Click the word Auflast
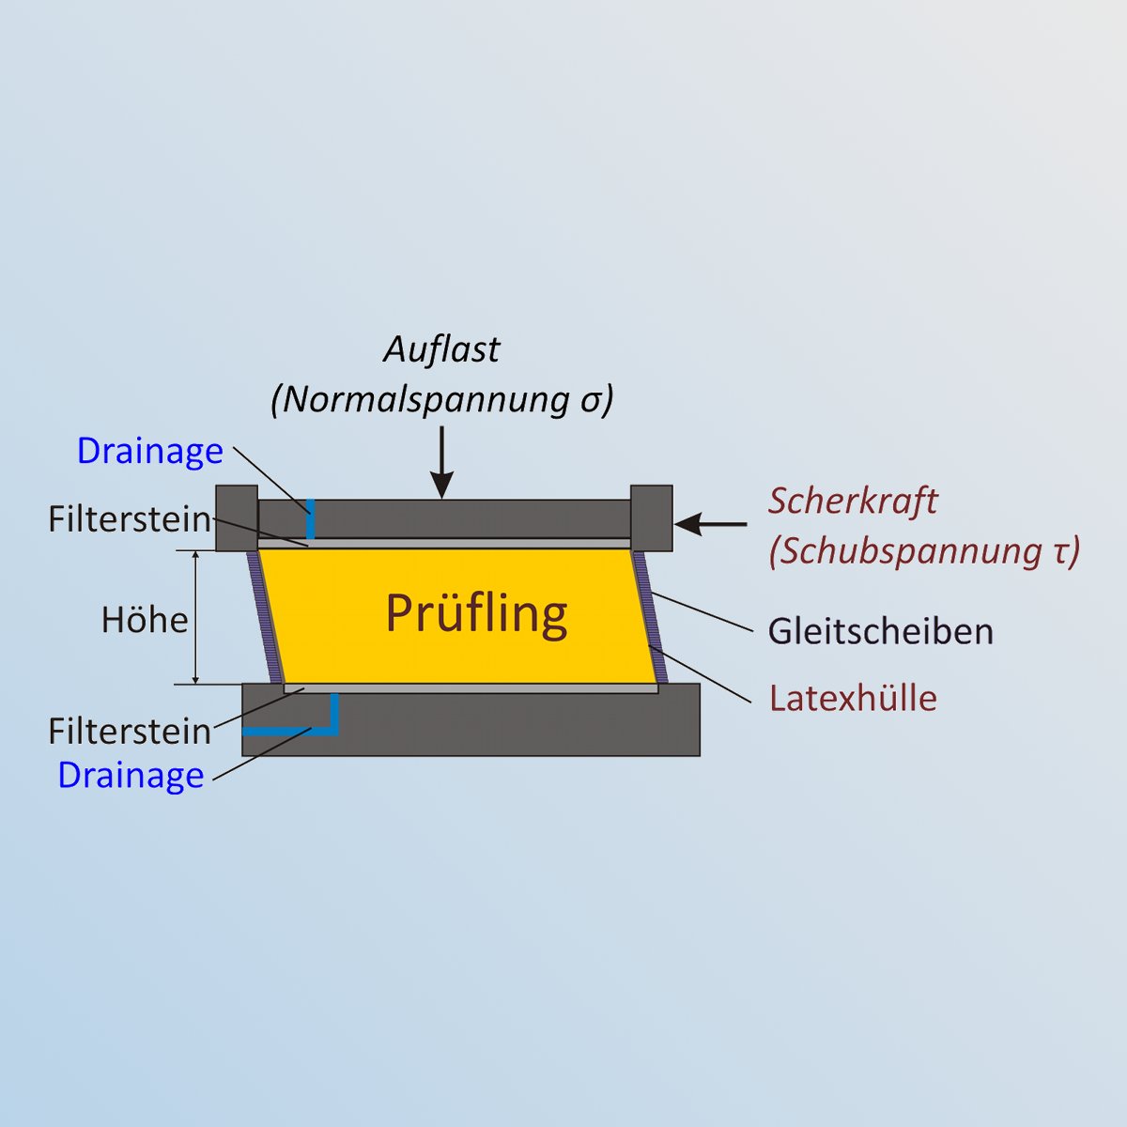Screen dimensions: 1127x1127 coord(441,349)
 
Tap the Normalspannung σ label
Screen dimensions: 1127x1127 coord(442,400)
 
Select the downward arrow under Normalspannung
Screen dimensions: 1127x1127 coord(442,462)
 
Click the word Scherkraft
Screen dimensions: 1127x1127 coord(853,502)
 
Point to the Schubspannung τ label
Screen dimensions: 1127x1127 coord(924,551)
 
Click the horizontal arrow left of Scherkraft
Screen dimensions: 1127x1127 coord(710,524)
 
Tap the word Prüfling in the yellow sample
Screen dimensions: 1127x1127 coord(477,614)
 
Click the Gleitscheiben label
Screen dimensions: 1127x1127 coord(881,632)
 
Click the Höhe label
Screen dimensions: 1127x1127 coord(145,620)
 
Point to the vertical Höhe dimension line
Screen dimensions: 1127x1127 coord(196,617)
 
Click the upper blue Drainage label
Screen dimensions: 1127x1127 coord(150,451)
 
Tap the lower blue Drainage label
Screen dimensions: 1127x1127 coord(131,775)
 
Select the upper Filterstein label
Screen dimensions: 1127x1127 coord(130,518)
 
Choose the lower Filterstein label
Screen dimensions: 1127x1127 coord(130,731)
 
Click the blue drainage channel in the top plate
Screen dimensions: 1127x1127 coord(311,518)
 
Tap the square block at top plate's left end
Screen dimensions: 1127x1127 coord(237,518)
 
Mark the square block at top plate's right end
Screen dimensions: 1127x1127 coord(652,518)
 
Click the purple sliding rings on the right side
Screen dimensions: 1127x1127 coord(650,617)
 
